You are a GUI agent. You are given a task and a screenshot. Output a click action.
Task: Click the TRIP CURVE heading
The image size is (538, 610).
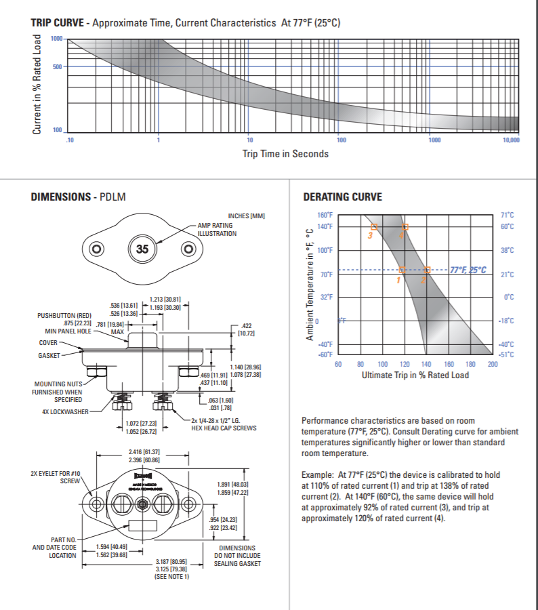58,23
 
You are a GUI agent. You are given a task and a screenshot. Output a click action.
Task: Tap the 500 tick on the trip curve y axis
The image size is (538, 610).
56,66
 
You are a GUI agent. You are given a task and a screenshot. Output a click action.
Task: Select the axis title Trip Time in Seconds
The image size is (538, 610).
285,154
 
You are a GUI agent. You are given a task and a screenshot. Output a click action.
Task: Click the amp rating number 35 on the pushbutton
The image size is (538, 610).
142,249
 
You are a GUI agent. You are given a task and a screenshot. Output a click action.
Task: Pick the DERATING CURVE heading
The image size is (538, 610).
342,197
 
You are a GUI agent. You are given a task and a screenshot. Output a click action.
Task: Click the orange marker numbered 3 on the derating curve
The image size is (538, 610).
373,227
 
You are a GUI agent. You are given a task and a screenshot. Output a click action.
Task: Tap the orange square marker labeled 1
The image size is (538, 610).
402,270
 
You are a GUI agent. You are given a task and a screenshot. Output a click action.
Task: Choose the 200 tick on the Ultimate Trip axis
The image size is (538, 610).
493,365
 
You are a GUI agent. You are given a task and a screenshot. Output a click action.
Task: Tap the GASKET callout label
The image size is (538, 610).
49,355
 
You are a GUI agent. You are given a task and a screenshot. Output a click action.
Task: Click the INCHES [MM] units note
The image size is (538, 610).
247,216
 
